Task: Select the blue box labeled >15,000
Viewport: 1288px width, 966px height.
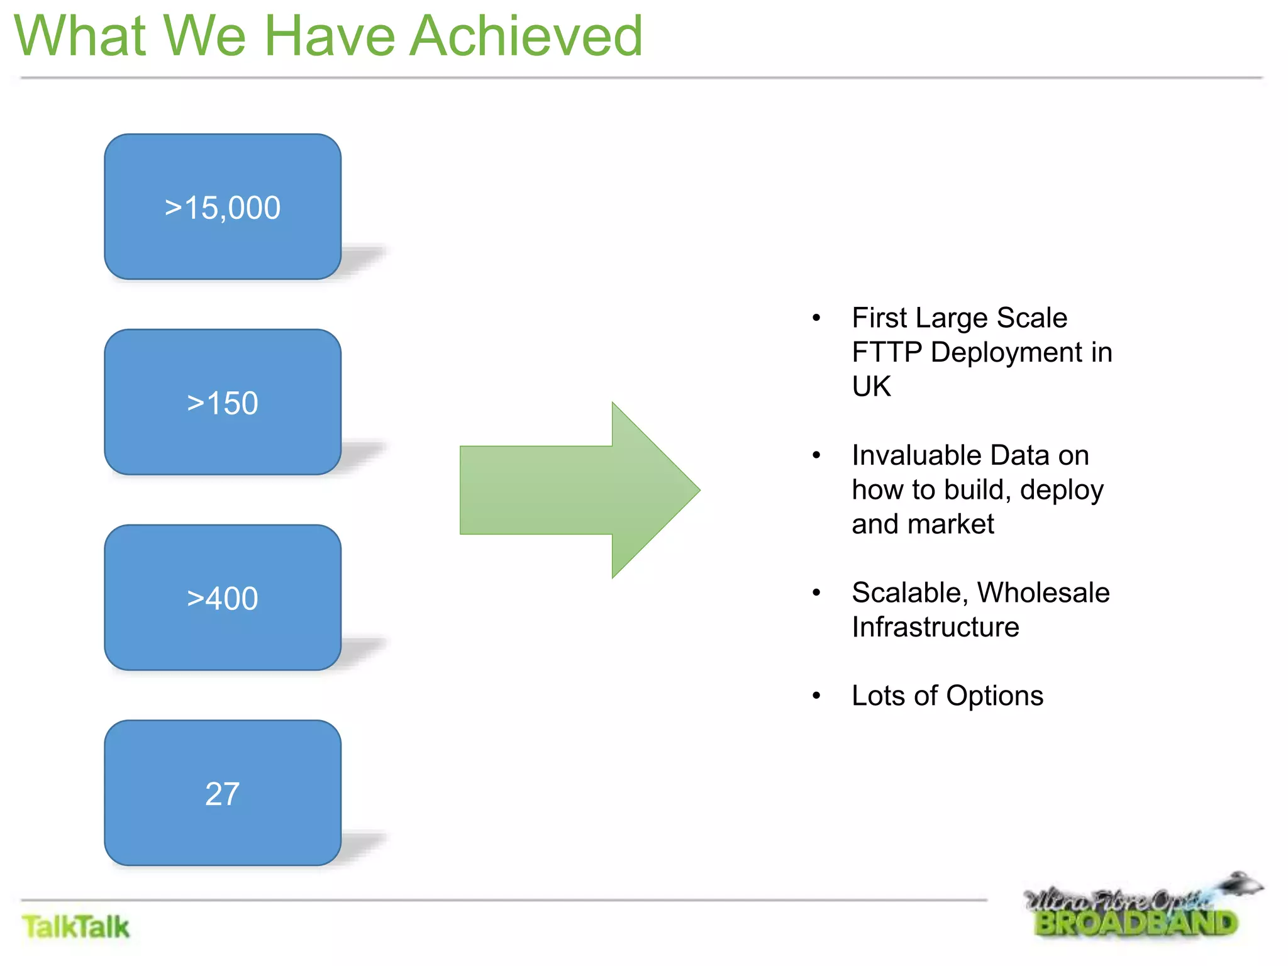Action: tap(223, 207)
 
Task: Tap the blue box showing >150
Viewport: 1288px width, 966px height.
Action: tap(223, 402)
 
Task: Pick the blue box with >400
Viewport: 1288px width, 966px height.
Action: tap(223, 597)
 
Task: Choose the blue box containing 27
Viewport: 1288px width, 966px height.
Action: tap(223, 793)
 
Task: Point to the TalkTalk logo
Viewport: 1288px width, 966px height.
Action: tap(75, 927)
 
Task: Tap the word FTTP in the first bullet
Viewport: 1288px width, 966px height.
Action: tap(887, 352)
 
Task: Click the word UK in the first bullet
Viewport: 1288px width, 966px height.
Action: tap(871, 386)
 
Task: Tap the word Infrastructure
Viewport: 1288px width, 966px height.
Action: tap(935, 627)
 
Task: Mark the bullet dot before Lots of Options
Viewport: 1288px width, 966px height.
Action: tap(816, 696)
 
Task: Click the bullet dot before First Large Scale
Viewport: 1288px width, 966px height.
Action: tap(816, 318)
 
